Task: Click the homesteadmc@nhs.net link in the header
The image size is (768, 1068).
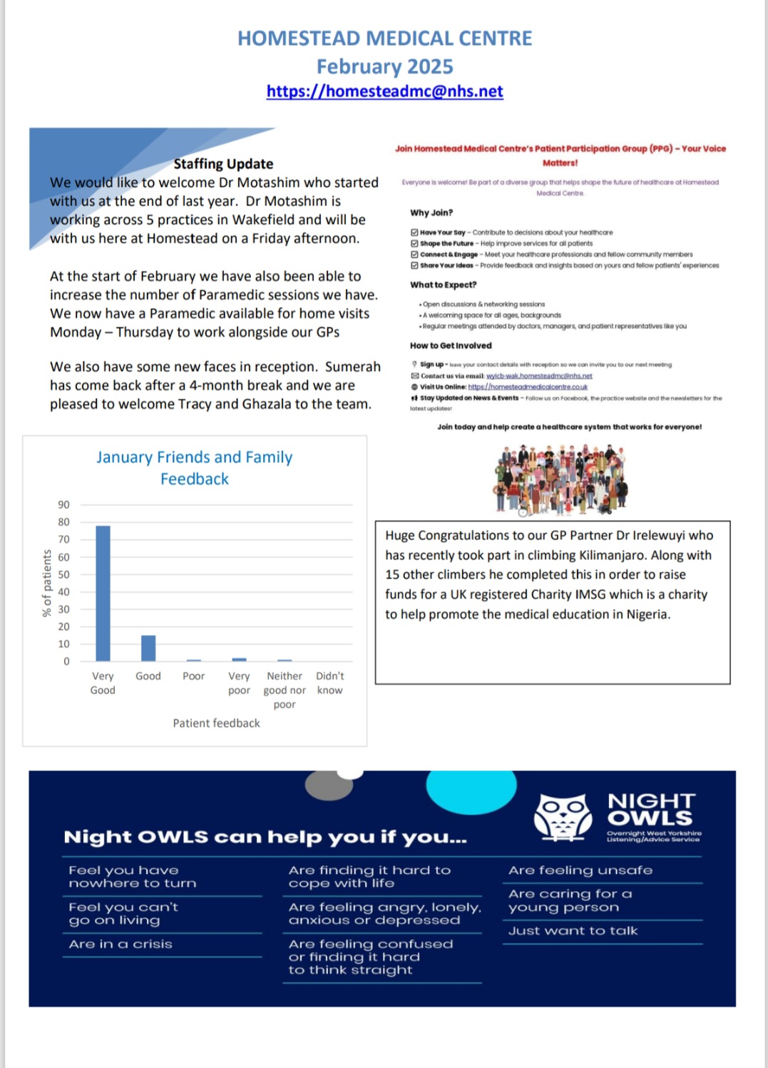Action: click(384, 91)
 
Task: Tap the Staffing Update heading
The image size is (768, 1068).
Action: click(223, 164)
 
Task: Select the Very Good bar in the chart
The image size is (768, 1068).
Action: click(103, 593)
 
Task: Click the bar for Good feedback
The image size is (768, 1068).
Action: click(148, 648)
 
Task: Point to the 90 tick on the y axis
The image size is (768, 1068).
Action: click(64, 505)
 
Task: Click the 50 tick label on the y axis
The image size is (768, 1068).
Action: click(64, 574)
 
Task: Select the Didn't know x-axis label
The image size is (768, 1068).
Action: click(329, 683)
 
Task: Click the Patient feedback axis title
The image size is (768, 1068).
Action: click(216, 723)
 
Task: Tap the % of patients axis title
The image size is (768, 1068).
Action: click(47, 583)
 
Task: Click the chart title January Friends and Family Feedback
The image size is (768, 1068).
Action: click(195, 468)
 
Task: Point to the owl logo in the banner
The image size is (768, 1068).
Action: click(563, 815)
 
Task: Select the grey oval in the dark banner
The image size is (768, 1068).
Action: click(329, 786)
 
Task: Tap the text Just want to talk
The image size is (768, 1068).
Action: click(573, 931)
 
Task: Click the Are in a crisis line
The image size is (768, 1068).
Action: click(121, 945)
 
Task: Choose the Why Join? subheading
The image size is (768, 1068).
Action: click(431, 213)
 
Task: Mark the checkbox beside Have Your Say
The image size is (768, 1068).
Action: click(414, 233)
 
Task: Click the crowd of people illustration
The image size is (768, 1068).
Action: click(560, 479)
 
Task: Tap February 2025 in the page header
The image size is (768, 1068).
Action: click(384, 66)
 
